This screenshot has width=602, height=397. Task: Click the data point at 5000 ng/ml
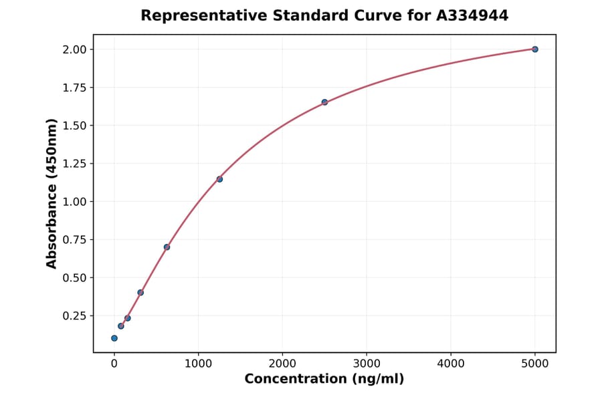[x=534, y=49]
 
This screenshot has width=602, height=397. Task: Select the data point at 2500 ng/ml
[x=324, y=102]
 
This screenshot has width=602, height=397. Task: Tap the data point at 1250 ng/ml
[x=219, y=179]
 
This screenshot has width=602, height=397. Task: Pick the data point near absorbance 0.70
[x=167, y=247]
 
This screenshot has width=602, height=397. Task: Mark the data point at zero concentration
[x=114, y=338]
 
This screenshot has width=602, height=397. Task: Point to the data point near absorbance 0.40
[x=140, y=292]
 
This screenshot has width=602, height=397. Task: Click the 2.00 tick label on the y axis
[x=74, y=49]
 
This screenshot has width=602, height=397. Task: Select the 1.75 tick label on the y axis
[x=74, y=88]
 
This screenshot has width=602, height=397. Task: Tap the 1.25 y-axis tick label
[x=74, y=164]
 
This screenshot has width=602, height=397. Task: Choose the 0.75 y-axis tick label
[x=74, y=240]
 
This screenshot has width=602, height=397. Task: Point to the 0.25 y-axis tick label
[x=74, y=316]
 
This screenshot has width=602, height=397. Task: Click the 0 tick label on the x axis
[x=114, y=364]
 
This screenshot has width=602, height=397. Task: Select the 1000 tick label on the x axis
[x=198, y=364]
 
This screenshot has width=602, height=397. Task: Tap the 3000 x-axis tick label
[x=367, y=364]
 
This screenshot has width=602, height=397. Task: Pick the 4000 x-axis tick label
[x=450, y=364]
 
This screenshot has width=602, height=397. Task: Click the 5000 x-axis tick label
[x=534, y=364]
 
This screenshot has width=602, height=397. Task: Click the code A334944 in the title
[x=472, y=15]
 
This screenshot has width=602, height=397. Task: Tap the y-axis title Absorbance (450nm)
[x=52, y=193]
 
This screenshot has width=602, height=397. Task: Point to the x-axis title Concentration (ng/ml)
[x=324, y=380]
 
